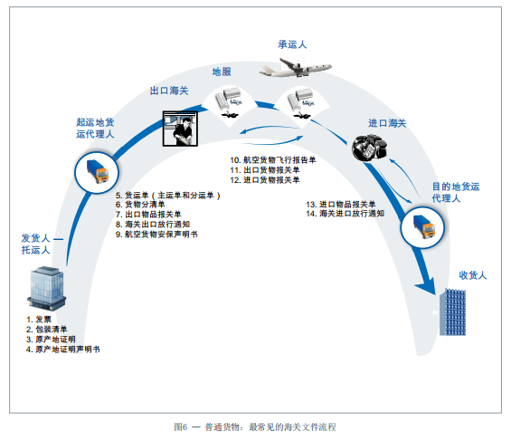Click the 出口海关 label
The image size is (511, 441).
(168, 91)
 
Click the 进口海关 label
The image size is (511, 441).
(387, 122)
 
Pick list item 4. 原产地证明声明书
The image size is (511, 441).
(63, 349)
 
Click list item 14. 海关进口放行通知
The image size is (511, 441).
(345, 214)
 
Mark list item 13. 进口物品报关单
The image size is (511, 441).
(341, 204)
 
